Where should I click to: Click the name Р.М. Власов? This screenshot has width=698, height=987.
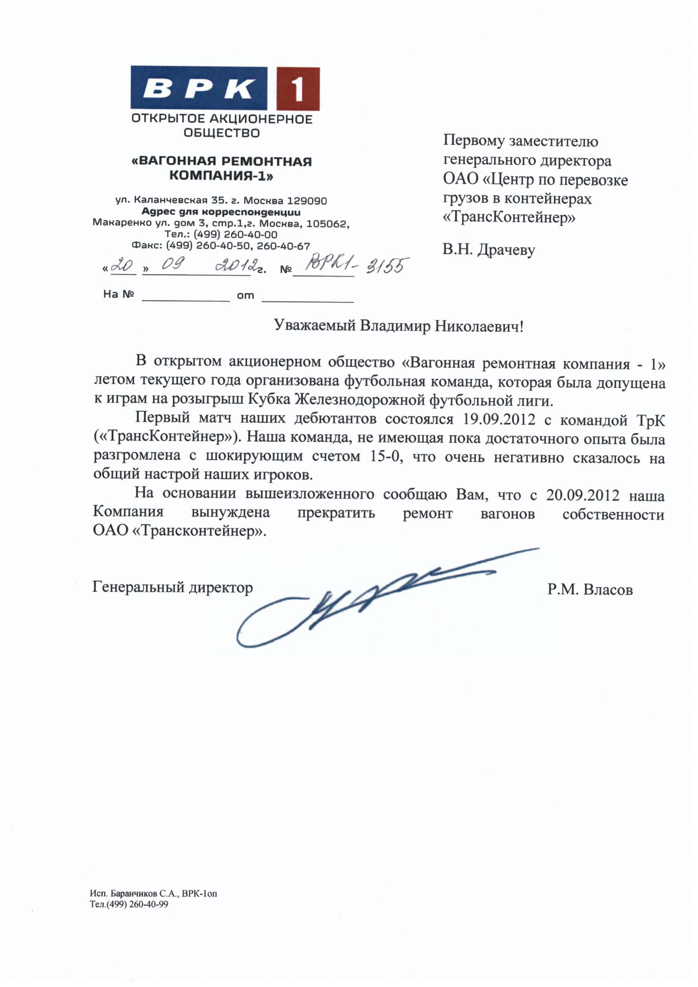coord(590,589)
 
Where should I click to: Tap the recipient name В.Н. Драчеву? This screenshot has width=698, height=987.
coord(489,250)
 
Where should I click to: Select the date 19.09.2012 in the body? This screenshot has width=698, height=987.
coord(499,419)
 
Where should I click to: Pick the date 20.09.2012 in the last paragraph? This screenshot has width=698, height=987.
coord(582,495)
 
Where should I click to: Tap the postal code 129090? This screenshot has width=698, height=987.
coord(307,201)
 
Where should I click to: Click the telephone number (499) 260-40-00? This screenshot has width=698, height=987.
coord(235,235)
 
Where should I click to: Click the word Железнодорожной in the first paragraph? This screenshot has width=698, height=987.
coord(360,400)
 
